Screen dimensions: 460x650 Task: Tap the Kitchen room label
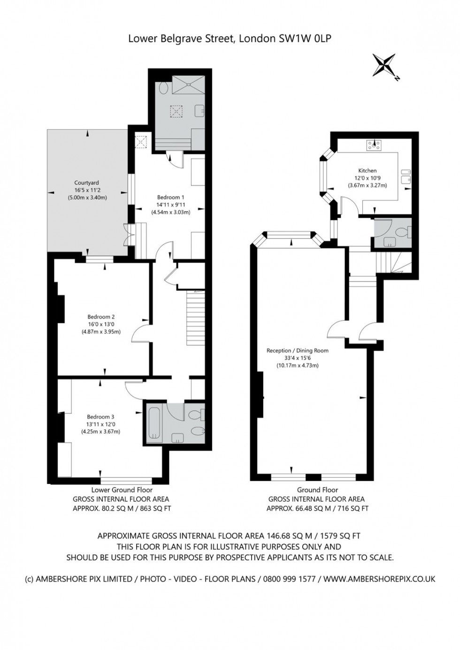368,171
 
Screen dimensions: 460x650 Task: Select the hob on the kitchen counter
375,145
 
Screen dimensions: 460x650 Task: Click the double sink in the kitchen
406,176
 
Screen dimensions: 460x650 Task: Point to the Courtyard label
86,183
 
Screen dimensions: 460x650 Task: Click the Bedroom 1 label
171,197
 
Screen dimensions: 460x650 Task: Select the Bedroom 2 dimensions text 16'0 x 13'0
101,324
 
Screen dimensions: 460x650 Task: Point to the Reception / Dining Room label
298,351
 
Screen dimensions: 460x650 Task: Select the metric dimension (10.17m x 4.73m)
298,365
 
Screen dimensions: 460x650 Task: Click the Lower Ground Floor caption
122,490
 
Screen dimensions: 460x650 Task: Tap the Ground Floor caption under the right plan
317,490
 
